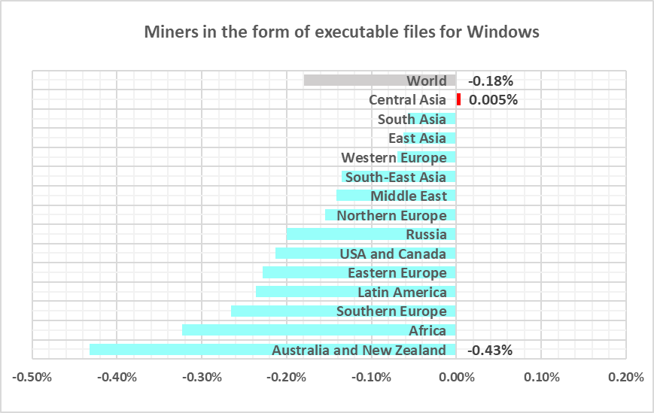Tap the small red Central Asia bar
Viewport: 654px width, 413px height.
point(458,99)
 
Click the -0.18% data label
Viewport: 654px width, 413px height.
point(490,81)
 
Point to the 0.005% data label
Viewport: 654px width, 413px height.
point(493,100)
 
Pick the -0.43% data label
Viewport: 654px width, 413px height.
point(490,350)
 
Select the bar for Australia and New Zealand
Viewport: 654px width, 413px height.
point(181,350)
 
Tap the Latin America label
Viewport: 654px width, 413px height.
point(402,292)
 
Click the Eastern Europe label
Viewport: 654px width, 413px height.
point(397,272)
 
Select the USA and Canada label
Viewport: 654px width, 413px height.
point(393,254)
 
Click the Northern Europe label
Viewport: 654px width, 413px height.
point(391,216)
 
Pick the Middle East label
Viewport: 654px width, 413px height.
point(409,196)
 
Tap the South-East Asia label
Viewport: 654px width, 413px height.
point(395,178)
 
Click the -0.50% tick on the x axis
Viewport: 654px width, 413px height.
point(32,376)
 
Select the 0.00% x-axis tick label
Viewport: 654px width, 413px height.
point(456,376)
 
